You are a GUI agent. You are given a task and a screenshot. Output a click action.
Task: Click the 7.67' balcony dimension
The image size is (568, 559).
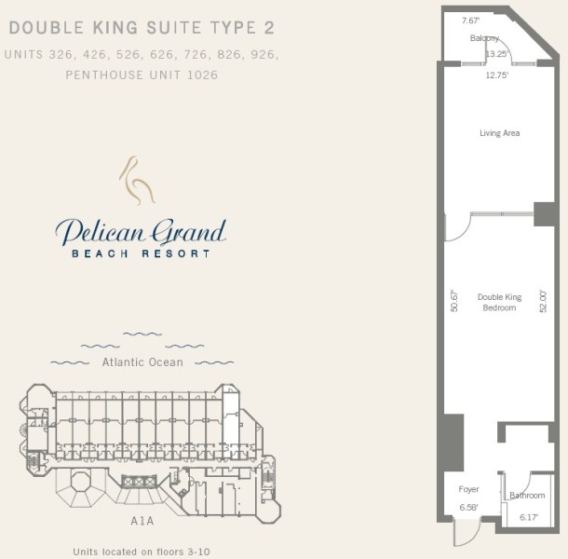[x=470, y=20]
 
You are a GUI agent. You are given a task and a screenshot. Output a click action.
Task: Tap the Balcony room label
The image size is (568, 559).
[x=484, y=38]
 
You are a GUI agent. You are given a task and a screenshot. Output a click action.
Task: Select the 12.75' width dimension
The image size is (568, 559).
[x=497, y=75]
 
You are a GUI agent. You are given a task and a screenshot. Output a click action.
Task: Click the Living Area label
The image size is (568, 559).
[x=499, y=133]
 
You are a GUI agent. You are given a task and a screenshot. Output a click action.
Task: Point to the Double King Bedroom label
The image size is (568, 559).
[x=499, y=303]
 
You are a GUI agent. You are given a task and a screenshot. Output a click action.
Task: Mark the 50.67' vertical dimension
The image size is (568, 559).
[x=454, y=301]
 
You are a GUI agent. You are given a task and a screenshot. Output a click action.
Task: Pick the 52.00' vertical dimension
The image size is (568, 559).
[x=543, y=301]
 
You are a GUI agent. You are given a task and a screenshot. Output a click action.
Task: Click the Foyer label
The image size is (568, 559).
[x=468, y=489]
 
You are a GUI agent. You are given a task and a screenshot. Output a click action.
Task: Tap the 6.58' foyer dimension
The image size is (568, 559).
[x=468, y=508]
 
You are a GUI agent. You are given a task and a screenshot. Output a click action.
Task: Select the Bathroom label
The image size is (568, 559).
[x=527, y=496]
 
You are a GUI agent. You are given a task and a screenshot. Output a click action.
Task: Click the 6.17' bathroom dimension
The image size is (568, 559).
[x=529, y=517]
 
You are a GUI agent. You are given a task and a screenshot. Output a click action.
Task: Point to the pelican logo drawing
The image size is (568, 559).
[x=137, y=180]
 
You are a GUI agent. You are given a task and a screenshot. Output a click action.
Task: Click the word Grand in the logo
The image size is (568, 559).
[x=189, y=233]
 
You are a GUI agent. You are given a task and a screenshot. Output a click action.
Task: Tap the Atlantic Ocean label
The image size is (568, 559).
[x=142, y=362]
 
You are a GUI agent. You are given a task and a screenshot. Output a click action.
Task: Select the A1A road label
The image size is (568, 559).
[x=142, y=521]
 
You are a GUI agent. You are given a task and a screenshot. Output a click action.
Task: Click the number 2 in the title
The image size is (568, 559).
[x=269, y=28]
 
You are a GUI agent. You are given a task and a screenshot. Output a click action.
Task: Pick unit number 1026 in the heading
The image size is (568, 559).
[x=203, y=75]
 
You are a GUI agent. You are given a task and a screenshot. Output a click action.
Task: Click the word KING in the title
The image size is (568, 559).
[x=115, y=28]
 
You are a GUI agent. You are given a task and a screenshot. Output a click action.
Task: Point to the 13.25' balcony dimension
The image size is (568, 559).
[x=496, y=54]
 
